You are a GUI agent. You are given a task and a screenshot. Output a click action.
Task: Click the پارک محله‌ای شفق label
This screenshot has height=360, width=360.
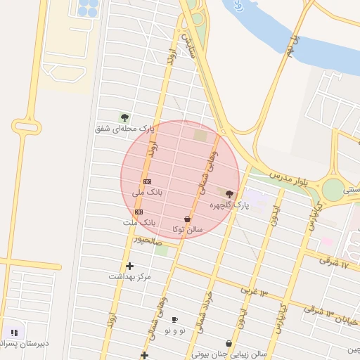click(124, 129)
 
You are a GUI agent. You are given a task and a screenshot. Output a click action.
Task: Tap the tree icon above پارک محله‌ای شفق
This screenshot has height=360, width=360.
click(124, 117)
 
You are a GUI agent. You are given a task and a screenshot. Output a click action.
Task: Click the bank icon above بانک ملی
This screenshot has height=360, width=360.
click(147, 181)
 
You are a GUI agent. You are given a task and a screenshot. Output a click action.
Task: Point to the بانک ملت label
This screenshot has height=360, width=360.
click(139, 222)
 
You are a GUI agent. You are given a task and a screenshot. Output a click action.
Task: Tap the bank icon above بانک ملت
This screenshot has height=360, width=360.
click(139, 212)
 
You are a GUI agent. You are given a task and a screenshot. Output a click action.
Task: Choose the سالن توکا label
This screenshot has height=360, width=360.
click(187, 229)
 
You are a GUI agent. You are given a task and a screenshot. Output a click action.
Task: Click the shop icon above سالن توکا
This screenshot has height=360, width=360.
click(186, 219)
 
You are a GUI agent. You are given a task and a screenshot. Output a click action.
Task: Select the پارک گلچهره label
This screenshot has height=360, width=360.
click(230, 205)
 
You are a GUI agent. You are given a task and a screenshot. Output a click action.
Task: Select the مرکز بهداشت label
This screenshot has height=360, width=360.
click(129, 276)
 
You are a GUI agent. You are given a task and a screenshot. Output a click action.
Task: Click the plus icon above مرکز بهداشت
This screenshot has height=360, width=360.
click(129, 266)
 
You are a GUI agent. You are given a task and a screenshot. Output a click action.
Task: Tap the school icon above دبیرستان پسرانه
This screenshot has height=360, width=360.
click(14, 333)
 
